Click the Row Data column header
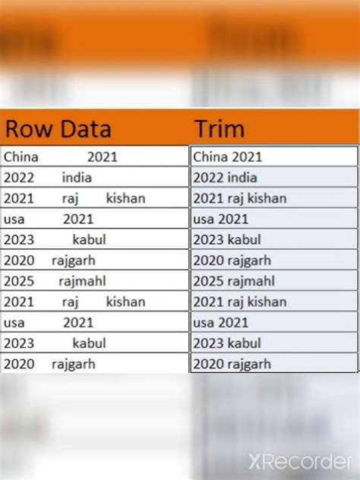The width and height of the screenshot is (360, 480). click(x=58, y=128)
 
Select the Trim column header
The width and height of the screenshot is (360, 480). click(x=219, y=128)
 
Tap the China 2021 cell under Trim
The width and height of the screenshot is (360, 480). click(x=228, y=157)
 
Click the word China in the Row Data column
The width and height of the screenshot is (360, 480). click(x=21, y=157)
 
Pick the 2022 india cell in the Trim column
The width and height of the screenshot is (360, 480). click(x=225, y=178)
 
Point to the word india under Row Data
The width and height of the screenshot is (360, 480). click(x=77, y=178)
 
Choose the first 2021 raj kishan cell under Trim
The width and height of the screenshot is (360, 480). click(x=239, y=198)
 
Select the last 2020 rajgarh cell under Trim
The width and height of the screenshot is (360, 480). click(x=232, y=364)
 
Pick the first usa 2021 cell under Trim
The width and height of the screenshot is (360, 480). click(x=222, y=219)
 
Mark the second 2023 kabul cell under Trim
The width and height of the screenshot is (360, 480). click(x=226, y=343)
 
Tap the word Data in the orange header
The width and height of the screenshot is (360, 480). click(x=85, y=128)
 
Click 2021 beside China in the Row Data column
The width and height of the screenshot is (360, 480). click(x=102, y=157)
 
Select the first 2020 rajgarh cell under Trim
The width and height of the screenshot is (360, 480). click(x=232, y=261)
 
